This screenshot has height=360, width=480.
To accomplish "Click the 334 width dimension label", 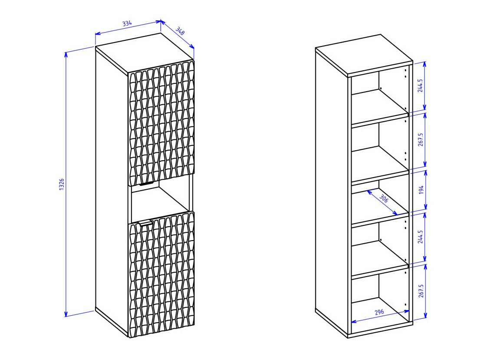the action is coord(127,23).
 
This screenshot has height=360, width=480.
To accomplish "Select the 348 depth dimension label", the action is coord(180,31).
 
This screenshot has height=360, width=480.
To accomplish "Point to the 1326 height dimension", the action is coord(61,185).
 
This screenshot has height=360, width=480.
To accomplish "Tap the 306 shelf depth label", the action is coord(384,198).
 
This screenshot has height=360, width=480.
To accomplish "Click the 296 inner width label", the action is coord(379,313).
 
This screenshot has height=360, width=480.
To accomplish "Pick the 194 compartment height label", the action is coord(421,190).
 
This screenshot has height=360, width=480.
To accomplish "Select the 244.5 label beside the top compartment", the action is coord(420,86).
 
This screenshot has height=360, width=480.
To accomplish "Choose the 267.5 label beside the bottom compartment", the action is coord(421,291).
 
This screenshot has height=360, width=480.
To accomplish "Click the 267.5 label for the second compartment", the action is coord(421,140).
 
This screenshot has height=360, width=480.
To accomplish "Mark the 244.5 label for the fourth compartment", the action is coord(420,237).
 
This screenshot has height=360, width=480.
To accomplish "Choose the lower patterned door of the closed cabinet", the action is coord(161,274).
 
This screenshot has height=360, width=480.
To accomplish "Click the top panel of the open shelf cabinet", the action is coord(364,55).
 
